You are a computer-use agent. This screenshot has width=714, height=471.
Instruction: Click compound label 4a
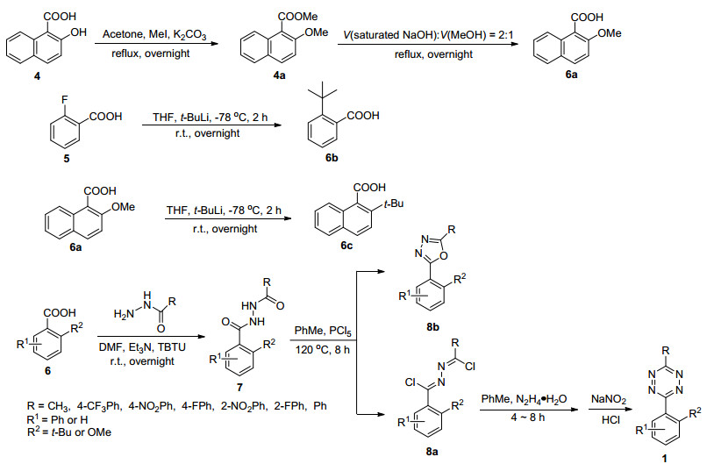pyautogui.click(x=279, y=75)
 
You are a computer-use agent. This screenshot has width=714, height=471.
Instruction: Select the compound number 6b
pyautogui.click(x=332, y=158)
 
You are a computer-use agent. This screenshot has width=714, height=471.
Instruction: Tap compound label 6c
pyautogui.click(x=346, y=246)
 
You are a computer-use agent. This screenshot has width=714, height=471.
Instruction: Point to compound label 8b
pyautogui.click(x=432, y=327)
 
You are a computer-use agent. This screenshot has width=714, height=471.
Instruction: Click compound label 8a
pyautogui.click(x=432, y=452)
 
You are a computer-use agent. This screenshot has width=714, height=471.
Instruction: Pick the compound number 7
pyautogui.click(x=239, y=387)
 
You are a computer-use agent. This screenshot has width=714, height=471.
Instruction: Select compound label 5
pyautogui.click(x=67, y=159)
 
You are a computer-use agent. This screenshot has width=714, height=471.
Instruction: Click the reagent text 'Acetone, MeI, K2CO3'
pyautogui.click(x=154, y=35)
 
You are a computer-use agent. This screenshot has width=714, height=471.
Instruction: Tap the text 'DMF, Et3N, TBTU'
pyautogui.click(x=142, y=347)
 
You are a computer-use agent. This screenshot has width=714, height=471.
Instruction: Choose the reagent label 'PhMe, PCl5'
pyautogui.click(x=323, y=332)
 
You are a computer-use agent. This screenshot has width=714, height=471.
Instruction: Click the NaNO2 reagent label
pyautogui.click(x=609, y=400)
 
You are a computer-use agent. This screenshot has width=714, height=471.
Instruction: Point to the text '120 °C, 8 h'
pyautogui.click(x=323, y=350)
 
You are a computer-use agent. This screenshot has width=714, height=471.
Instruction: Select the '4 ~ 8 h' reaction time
pyautogui.click(x=528, y=417)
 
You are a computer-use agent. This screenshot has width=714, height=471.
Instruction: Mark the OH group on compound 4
pyautogui.click(x=78, y=32)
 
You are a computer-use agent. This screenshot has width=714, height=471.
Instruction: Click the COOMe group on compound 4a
pyautogui.click(x=298, y=17)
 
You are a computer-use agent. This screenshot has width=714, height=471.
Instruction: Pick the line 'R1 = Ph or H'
pyautogui.click(x=57, y=418)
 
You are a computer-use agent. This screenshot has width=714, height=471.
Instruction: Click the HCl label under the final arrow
pyautogui.click(x=610, y=420)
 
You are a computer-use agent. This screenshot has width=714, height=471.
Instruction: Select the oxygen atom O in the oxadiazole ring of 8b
pyautogui.click(x=444, y=255)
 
